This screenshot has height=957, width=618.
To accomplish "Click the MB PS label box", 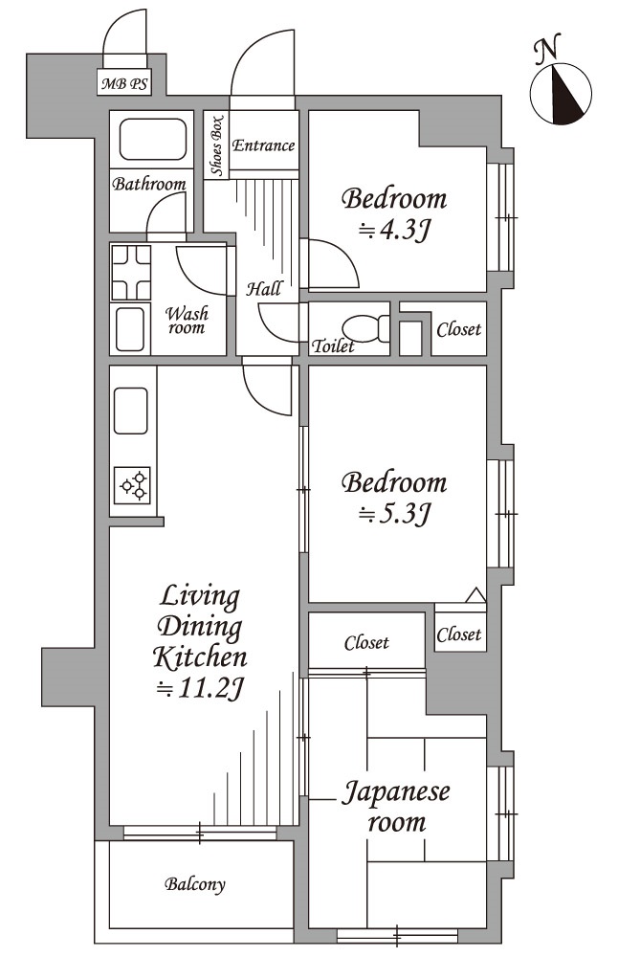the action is coord(124,82).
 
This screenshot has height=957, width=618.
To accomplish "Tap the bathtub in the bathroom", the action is coord(152,140).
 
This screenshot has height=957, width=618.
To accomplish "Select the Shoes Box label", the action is coord(216,145).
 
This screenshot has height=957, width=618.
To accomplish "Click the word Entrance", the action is coord(263,145).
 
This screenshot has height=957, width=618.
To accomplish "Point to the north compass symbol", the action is coord(561,94).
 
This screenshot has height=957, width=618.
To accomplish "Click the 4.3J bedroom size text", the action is coord(394,230).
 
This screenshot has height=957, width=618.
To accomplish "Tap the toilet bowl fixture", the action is coord(365,328).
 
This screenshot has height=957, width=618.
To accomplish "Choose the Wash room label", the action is coord(188,321).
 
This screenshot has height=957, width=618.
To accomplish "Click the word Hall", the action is coord(264,288).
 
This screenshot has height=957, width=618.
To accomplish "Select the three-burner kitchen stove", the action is coord(132,486).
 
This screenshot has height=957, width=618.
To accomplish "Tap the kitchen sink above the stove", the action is coord(130,411).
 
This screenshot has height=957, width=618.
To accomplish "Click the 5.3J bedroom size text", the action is coord(394,514).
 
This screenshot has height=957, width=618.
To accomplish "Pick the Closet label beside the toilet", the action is coord(459,329).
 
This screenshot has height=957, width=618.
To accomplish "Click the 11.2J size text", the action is coord(201,688).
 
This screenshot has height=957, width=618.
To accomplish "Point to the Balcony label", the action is coord(194,883).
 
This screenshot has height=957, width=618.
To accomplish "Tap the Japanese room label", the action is coord(396,807).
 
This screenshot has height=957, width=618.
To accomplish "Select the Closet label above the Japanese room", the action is coord(366,643).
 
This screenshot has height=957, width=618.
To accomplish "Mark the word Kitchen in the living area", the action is coord(200,657).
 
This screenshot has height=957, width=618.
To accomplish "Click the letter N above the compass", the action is coord(547,50).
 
